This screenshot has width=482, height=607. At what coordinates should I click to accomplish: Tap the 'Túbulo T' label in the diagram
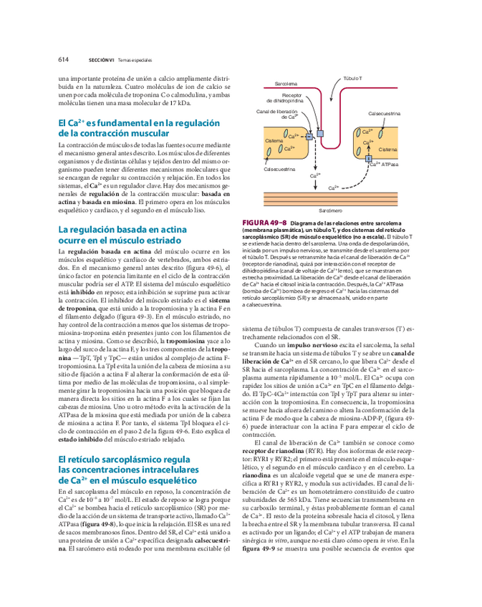click(352, 77)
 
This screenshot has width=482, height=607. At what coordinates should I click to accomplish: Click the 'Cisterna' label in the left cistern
click(274, 141)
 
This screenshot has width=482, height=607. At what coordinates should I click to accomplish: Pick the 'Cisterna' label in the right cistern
click(387, 149)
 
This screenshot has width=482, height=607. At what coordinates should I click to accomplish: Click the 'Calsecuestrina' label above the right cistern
click(384, 114)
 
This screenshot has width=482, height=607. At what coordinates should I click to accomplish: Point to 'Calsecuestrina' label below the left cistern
click(279, 169)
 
